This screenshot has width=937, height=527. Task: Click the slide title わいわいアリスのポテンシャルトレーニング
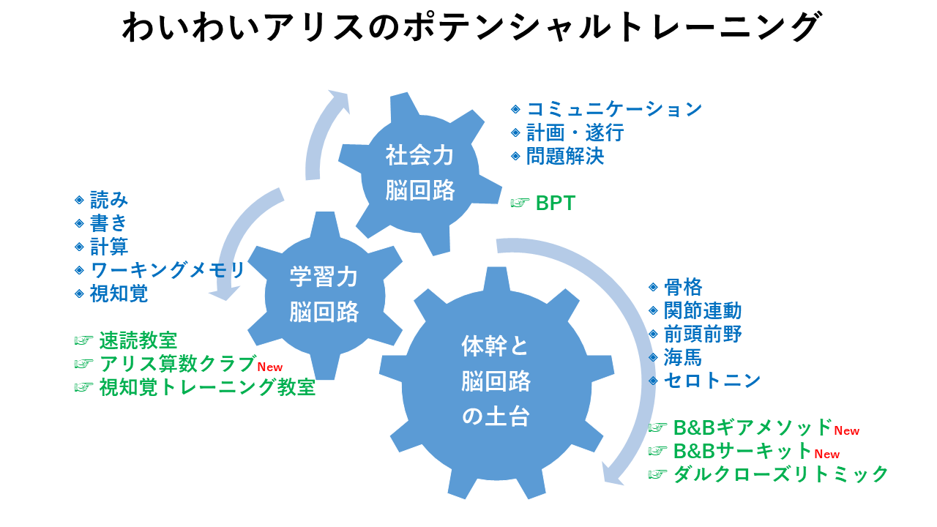(472, 26)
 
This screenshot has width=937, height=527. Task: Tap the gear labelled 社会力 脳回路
(419, 173)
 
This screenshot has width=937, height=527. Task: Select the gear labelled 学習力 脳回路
(324, 295)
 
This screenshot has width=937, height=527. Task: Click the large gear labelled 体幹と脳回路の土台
(496, 383)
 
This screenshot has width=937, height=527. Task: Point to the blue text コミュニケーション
(614, 109)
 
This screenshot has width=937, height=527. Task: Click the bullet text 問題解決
(565, 157)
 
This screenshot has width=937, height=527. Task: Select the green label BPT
(556, 203)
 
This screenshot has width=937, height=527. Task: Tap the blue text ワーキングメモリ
(168, 270)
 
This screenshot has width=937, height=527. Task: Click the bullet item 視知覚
(119, 294)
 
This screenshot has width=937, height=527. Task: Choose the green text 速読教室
(138, 340)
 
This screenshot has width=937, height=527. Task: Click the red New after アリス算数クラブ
(270, 367)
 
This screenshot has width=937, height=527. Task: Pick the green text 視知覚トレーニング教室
(207, 387)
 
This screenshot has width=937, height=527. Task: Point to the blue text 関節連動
(703, 311)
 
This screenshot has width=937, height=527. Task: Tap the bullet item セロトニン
(712, 381)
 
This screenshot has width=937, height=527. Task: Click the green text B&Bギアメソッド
(753, 427)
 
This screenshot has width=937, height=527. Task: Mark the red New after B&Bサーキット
(827, 455)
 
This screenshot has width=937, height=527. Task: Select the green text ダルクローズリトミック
(780, 474)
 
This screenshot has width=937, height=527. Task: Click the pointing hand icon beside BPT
(520, 203)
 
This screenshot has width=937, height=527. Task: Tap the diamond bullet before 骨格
(653, 287)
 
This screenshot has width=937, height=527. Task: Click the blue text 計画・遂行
(575, 133)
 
